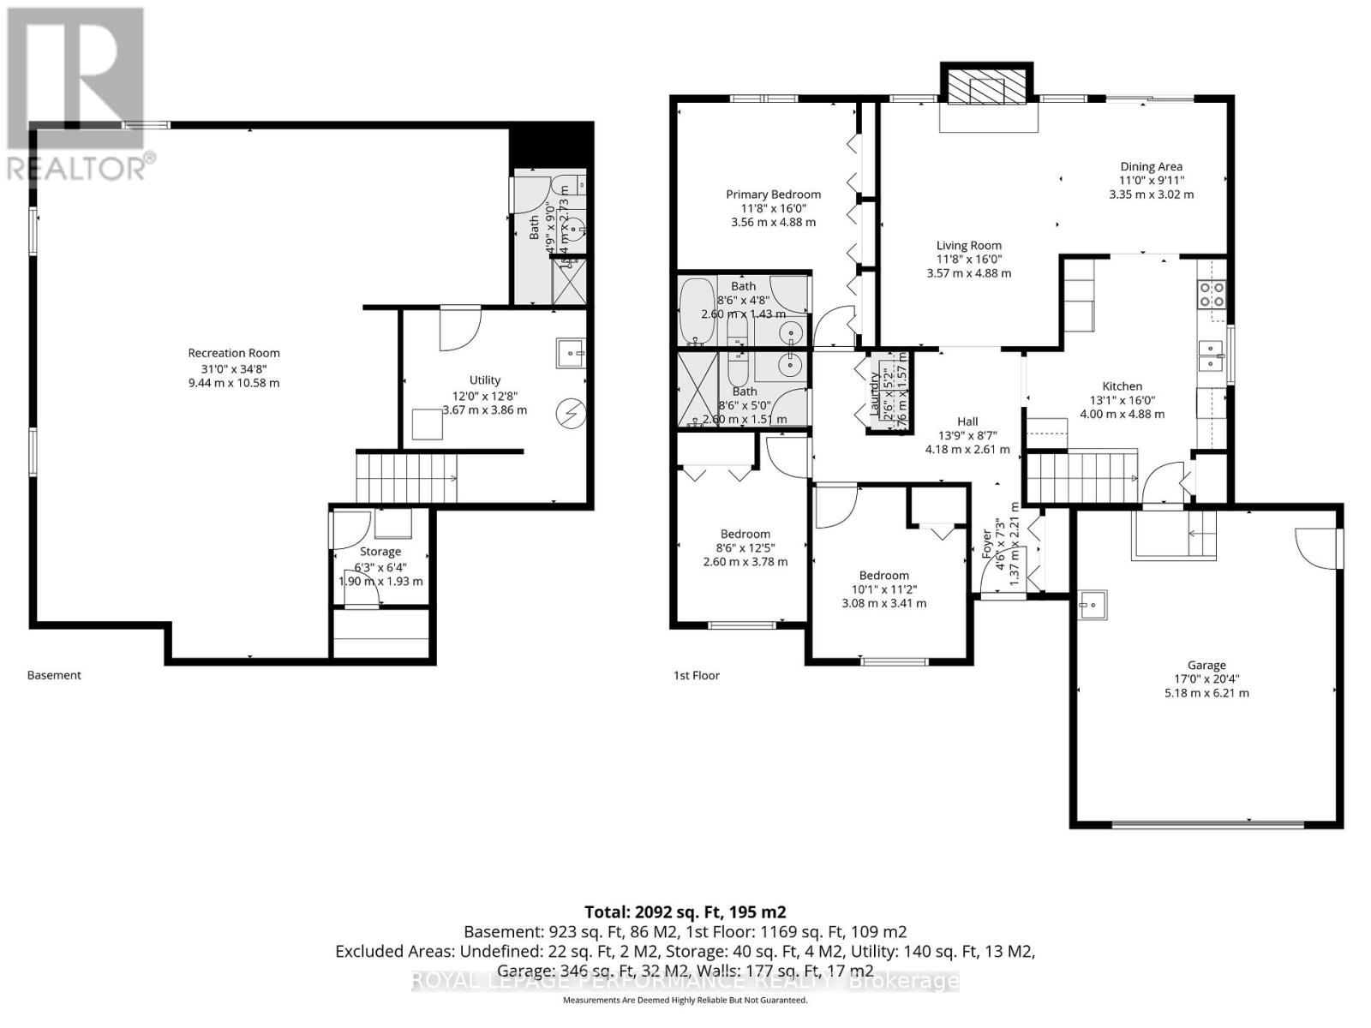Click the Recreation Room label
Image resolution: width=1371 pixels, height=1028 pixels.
point(234,353)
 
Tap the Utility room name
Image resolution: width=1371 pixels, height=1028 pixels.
point(484,380)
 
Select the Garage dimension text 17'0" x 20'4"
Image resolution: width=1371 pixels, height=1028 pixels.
point(1206,678)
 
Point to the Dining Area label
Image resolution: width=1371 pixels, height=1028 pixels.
point(1151,167)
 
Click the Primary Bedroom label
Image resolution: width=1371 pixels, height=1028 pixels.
point(773,194)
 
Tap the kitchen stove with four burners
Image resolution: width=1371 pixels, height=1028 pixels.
point(1212,294)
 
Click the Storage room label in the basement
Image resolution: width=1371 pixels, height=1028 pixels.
point(380,552)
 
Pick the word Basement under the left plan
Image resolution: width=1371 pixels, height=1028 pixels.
point(54,675)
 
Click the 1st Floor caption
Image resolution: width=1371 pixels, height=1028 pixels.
point(696,675)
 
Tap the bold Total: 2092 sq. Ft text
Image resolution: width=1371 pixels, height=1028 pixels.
point(685,911)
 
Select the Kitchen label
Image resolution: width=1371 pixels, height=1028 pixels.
point(1122,386)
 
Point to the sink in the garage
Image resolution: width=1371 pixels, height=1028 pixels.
point(1091,605)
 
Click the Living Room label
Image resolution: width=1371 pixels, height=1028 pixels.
point(968,246)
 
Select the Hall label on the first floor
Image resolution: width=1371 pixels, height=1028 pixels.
point(967,421)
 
